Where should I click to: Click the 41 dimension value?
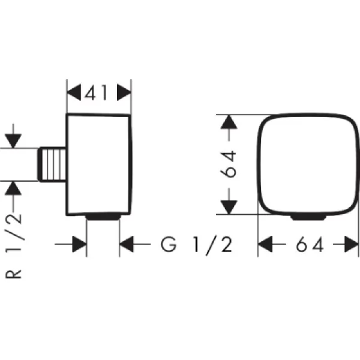(x=96, y=92)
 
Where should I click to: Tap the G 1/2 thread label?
(x=197, y=245)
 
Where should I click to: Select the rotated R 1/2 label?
(x=14, y=246)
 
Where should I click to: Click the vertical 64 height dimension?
(x=228, y=164)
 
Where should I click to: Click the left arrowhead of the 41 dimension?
(x=74, y=92)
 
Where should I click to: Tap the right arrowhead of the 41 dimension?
(x=124, y=92)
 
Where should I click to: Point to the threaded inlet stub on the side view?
(x=52, y=164)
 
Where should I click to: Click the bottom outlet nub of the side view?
(x=103, y=217)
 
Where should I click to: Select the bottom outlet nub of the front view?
(x=308, y=217)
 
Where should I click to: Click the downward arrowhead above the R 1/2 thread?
(x=13, y=141)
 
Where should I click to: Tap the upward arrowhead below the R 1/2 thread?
(x=13, y=188)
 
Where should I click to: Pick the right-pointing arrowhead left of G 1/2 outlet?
(x=79, y=244)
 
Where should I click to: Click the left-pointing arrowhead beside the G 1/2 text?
(x=127, y=244)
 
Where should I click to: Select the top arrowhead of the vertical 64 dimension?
(x=229, y=122)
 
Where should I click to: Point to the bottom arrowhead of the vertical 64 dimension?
(x=229, y=207)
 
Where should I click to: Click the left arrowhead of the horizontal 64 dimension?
(x=265, y=244)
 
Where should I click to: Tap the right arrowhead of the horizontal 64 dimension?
(x=352, y=244)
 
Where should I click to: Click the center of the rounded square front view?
(x=308, y=164)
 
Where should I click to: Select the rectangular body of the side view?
(x=99, y=164)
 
